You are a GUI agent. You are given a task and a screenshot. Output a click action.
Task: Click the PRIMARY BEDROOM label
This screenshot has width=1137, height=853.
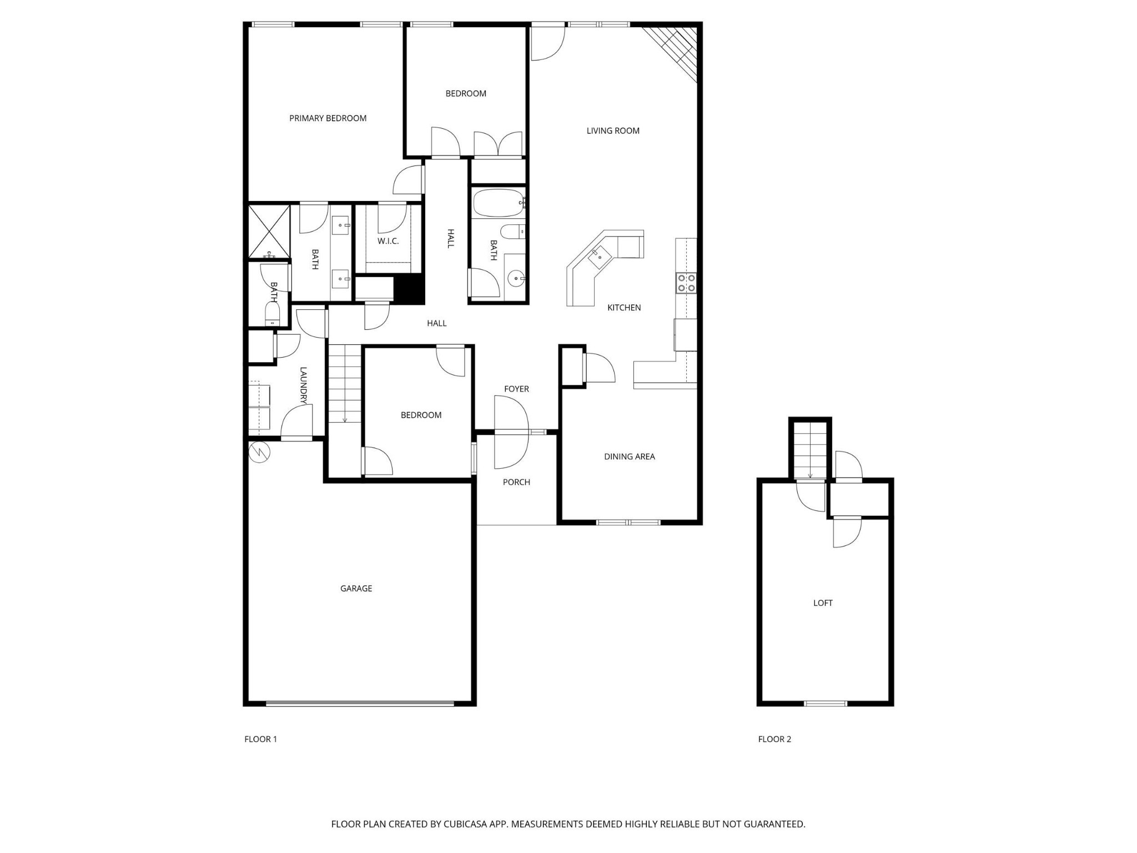(328, 118)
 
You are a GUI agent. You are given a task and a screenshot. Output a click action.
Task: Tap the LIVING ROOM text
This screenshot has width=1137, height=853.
(613, 131)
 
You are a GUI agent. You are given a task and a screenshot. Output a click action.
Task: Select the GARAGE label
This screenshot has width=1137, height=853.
(356, 589)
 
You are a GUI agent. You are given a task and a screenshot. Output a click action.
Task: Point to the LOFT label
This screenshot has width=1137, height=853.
(823, 603)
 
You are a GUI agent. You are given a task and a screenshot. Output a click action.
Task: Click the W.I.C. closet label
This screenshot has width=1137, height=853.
(388, 241)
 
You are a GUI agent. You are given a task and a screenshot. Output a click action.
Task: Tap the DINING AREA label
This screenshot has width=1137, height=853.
(630, 456)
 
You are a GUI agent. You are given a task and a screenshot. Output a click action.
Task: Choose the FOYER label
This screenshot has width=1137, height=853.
(516, 389)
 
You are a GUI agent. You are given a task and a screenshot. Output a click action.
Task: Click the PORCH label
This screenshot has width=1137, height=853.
(516, 482)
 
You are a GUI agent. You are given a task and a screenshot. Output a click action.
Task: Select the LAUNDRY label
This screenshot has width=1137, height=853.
(303, 385)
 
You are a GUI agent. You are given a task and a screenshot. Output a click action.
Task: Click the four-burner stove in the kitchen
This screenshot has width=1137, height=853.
(686, 283)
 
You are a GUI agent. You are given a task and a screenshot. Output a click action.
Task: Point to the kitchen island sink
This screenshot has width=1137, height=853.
(600, 258)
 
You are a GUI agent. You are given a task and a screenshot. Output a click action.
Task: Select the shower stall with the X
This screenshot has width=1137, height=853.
(269, 231)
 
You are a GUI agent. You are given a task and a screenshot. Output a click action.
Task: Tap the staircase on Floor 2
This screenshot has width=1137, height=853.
(810, 450)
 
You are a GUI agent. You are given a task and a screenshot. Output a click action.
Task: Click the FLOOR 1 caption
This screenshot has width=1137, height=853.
(260, 739)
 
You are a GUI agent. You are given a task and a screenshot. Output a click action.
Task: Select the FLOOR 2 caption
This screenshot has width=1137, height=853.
(774, 739)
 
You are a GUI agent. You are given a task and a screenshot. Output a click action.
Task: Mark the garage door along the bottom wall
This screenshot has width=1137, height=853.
(360, 704)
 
